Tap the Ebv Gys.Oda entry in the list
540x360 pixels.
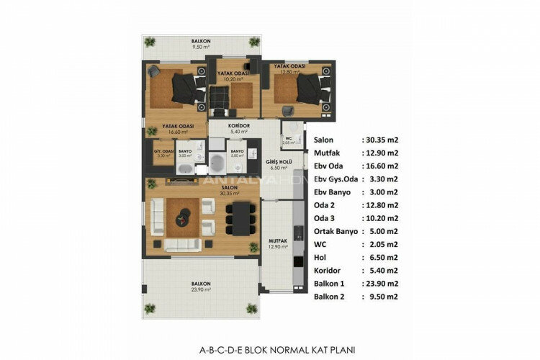coord(336,179)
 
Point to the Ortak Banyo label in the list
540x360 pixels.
coord(338,231)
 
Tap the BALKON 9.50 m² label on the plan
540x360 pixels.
coord(201,45)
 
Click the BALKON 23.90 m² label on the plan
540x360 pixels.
coord(201,287)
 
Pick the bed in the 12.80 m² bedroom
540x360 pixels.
coord(309,89)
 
